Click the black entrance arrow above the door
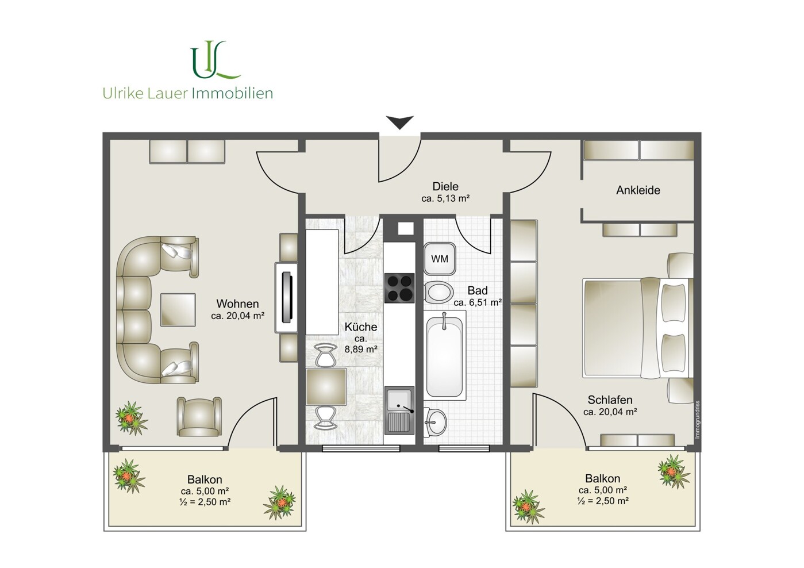click(400, 122)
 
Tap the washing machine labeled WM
click(440, 259)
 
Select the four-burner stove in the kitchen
click(399, 288)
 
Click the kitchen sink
click(399, 410)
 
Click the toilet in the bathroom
click(438, 292)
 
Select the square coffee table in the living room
click(178, 310)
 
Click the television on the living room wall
click(287, 298)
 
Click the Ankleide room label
click(638, 190)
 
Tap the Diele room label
click(445, 186)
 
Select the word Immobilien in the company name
click(233, 93)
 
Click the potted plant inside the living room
click(132, 418)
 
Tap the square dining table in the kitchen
click(326, 387)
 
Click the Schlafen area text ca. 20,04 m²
click(610, 412)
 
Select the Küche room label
click(361, 327)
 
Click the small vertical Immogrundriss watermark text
click(698, 419)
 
